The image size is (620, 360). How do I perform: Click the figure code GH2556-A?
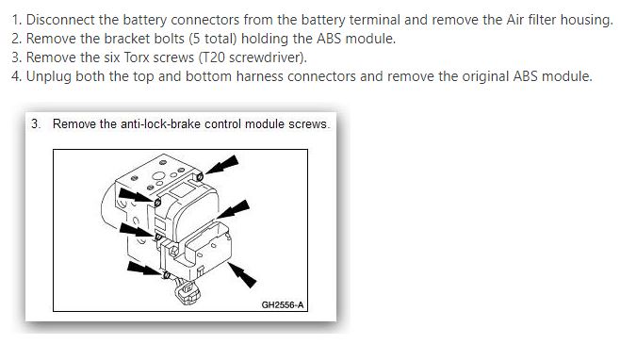click(x=283, y=305)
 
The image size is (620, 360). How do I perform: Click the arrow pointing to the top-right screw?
click(x=221, y=165)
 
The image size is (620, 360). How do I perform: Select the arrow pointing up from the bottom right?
click(x=242, y=275)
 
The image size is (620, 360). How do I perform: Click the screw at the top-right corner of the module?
click(x=200, y=176)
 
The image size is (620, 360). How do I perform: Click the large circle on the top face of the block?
click(x=159, y=176)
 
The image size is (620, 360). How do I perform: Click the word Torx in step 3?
click(x=137, y=57)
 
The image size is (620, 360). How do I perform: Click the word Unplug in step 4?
click(x=49, y=76)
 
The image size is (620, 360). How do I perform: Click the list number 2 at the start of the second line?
click(x=15, y=39)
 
